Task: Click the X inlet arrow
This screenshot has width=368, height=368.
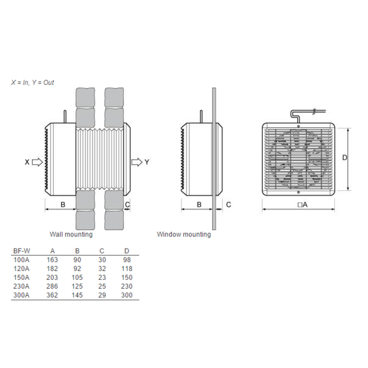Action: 37,162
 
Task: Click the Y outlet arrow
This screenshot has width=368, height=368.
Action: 137,162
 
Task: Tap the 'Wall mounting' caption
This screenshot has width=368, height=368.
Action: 71,234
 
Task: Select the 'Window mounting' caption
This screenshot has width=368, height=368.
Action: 184,234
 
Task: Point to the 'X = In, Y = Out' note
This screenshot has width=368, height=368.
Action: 33,82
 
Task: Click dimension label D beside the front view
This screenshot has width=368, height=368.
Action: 344,157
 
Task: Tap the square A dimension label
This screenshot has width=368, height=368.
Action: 302,205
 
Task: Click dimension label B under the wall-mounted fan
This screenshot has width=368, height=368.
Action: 63,204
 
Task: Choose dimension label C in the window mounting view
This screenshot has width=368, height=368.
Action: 228,204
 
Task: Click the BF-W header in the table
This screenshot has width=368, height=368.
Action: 22,251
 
